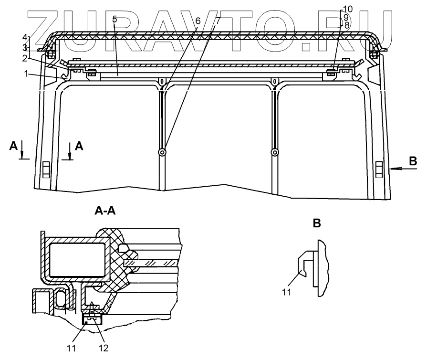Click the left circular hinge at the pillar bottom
pyautogui.click(x=163, y=152)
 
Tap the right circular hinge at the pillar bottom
pyautogui.click(x=274, y=152)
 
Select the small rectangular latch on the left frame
pyautogui.click(x=46, y=169)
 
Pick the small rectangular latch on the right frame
pyautogui.click(x=379, y=169)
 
